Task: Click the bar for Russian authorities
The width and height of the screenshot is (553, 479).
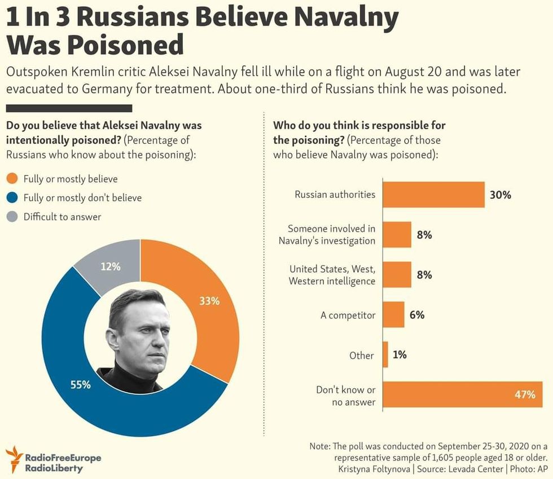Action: click(433, 195)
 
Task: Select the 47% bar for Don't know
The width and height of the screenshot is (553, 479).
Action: click(462, 394)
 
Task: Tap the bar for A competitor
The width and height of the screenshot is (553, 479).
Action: click(393, 315)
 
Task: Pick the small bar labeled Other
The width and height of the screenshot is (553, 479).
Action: click(385, 355)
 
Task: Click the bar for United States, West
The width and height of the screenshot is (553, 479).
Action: click(397, 275)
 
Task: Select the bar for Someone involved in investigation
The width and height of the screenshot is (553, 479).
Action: click(397, 235)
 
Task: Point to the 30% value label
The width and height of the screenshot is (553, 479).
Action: click(500, 195)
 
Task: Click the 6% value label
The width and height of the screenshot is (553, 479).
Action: click(417, 315)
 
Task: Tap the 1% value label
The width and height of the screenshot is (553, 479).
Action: click(400, 355)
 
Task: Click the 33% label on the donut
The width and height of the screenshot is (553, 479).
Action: click(209, 301)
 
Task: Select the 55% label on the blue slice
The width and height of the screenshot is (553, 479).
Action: click(80, 385)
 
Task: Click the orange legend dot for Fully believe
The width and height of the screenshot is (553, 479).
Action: click(12, 179)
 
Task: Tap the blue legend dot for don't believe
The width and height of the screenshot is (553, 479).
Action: click(12, 198)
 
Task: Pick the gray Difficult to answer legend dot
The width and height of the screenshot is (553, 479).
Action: click(12, 216)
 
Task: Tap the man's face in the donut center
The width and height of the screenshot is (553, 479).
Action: click(141, 332)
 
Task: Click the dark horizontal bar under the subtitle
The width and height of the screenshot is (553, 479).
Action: click(69, 108)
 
